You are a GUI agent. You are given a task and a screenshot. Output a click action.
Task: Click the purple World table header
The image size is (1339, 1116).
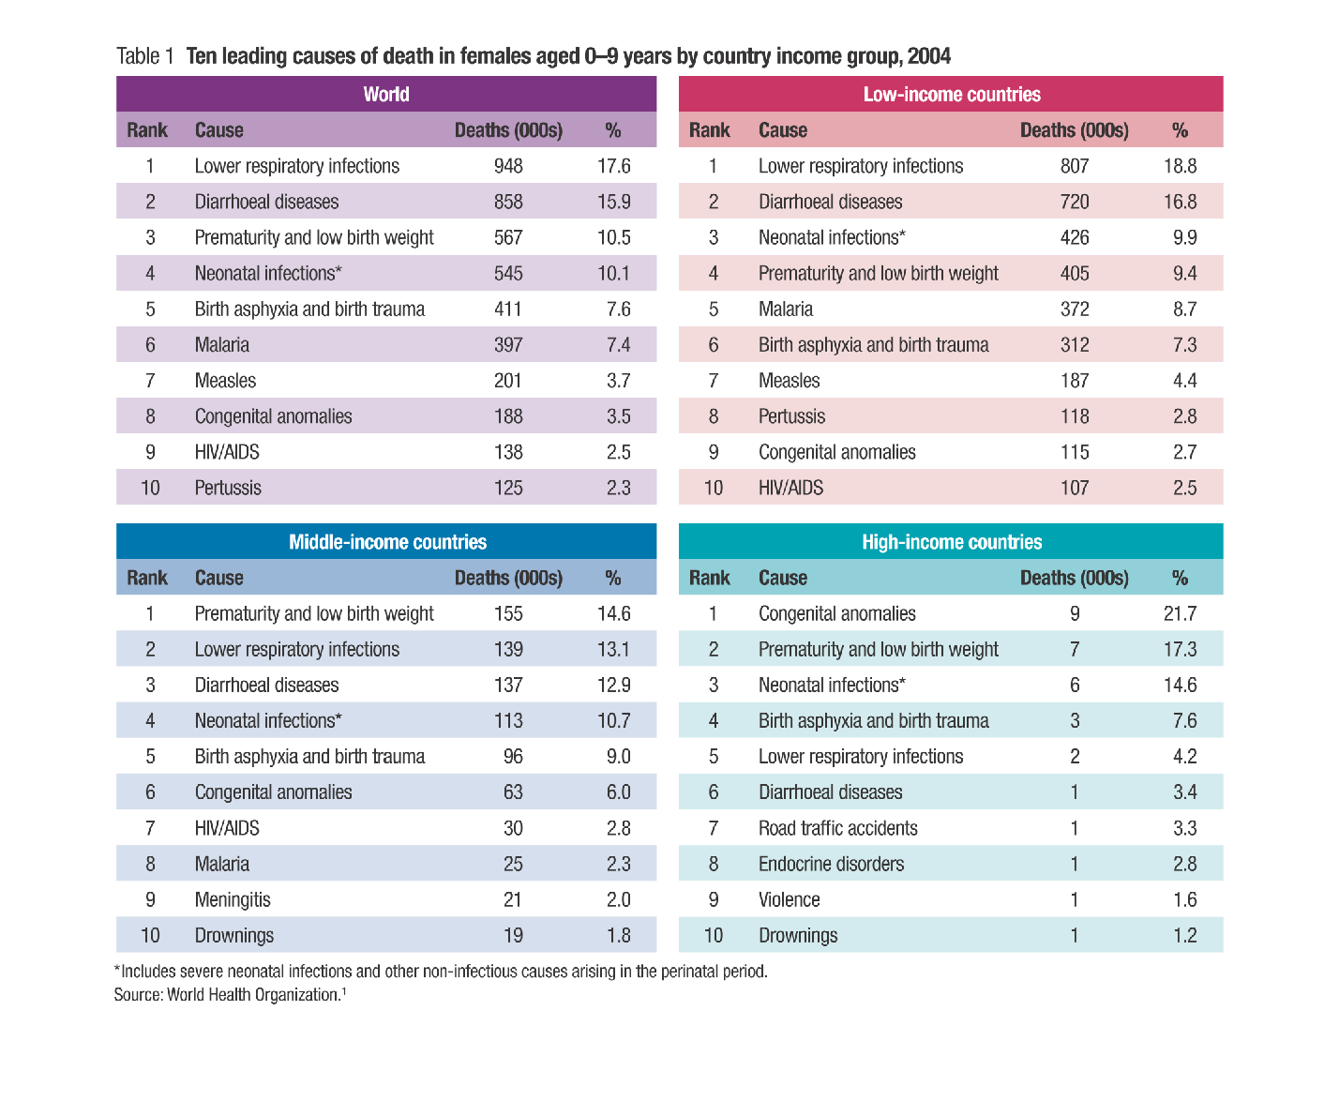386,94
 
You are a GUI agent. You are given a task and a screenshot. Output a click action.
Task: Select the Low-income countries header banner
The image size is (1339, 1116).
951,94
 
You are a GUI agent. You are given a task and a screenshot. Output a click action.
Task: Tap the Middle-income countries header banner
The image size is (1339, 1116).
387,542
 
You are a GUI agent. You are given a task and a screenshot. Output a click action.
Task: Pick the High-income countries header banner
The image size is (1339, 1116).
951,542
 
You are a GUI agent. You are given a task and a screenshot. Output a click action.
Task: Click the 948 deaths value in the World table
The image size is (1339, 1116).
508,166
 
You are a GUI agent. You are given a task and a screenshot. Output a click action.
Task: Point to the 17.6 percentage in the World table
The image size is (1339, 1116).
614,166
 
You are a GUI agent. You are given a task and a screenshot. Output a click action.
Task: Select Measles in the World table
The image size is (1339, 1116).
225,381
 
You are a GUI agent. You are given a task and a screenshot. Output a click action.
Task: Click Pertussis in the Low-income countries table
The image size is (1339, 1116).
791,416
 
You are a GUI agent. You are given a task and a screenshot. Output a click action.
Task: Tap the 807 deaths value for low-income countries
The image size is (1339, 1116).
1075,166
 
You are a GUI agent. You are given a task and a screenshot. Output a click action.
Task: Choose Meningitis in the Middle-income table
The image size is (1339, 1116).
233,900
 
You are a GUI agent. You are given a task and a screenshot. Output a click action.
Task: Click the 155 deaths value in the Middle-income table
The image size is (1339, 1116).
508,614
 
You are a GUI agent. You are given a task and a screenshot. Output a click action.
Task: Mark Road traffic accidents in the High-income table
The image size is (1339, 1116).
837,828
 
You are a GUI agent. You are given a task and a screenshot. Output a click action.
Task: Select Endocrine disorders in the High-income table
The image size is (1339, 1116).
831,864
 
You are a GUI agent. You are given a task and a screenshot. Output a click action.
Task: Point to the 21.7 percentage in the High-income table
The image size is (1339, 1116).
1180,614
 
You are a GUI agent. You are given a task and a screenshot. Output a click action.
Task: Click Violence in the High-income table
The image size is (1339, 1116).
789,900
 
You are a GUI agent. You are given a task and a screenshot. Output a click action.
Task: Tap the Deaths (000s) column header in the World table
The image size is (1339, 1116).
508,130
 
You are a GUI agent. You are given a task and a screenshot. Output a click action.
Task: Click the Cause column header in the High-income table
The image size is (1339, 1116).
782,578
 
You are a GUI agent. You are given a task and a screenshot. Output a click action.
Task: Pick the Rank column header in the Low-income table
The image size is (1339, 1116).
709,130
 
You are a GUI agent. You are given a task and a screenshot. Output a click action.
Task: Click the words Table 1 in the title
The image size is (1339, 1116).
145,56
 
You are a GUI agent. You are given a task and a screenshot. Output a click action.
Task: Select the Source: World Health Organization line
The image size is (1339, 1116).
229,994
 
